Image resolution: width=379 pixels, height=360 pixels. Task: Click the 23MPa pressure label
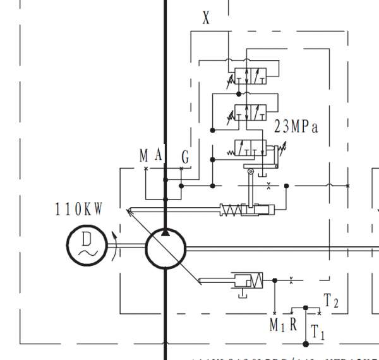296,127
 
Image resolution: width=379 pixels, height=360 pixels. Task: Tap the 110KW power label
79,210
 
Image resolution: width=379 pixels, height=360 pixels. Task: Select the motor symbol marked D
85,246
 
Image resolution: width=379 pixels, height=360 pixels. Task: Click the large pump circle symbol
165,249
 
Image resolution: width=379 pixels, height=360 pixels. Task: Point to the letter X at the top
206,18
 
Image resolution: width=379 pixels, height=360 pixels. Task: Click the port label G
185,157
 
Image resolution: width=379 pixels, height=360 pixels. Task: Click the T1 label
318,333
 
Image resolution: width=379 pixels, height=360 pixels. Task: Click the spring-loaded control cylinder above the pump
247,210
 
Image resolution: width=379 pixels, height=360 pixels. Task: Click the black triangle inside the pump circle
165,233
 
